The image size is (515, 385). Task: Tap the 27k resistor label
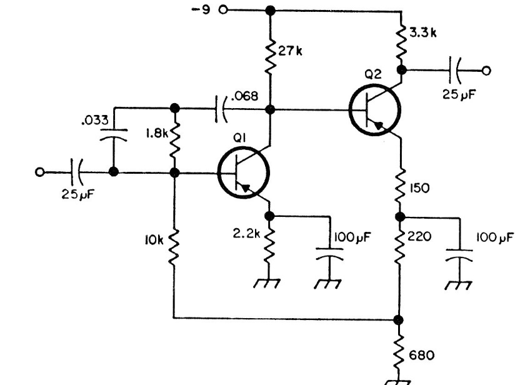[290, 51]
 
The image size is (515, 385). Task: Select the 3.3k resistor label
[422, 33]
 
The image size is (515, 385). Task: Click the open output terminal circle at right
[486, 71]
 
